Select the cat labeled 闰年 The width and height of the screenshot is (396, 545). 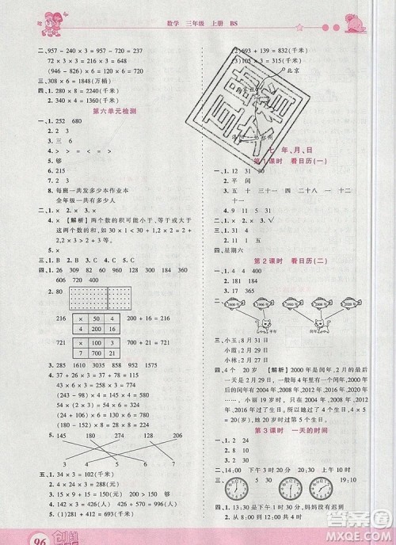325,326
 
